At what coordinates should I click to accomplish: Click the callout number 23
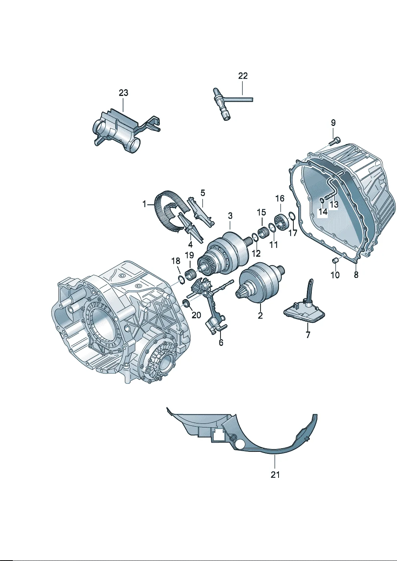123,93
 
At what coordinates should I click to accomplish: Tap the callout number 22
243,76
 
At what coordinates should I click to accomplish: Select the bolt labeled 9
335,141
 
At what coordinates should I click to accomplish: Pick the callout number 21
275,474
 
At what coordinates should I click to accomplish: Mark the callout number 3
230,216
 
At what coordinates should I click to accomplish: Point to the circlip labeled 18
180,279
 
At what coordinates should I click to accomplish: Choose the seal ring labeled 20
186,302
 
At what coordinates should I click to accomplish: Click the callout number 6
221,343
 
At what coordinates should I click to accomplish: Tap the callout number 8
356,275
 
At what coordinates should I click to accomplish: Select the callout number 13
333,205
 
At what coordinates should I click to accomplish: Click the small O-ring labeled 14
322,200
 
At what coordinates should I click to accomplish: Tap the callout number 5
203,193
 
